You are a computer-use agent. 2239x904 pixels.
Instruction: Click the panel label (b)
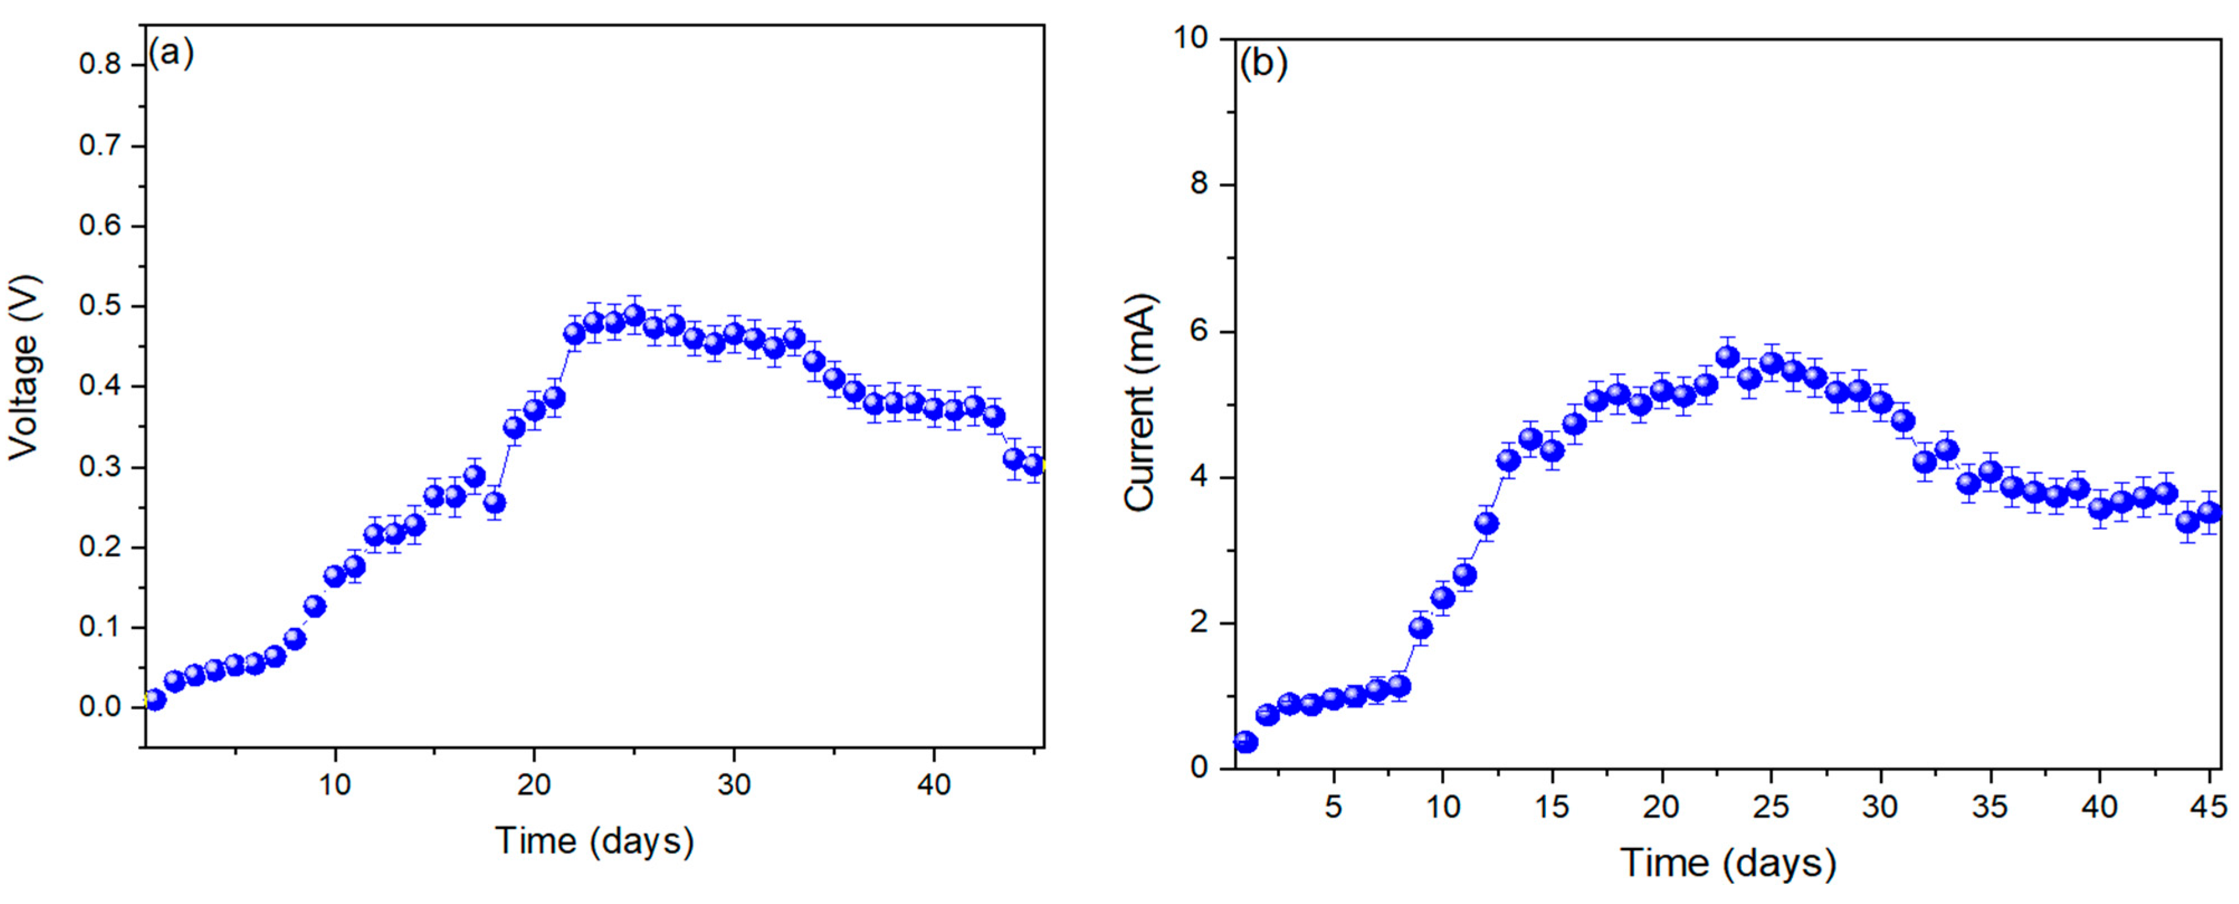coord(1263,64)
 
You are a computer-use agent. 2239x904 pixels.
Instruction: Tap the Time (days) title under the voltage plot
coord(595,840)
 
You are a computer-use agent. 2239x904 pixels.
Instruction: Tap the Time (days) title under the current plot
coord(1728,863)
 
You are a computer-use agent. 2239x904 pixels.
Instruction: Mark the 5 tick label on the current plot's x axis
coord(1333,807)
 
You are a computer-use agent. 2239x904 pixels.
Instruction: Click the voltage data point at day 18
coord(495,503)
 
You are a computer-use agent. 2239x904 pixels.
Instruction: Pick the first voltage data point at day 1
coord(155,700)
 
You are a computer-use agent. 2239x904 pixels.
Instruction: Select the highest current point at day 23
coord(1727,356)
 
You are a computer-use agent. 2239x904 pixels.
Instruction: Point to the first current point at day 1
coord(1245,742)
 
